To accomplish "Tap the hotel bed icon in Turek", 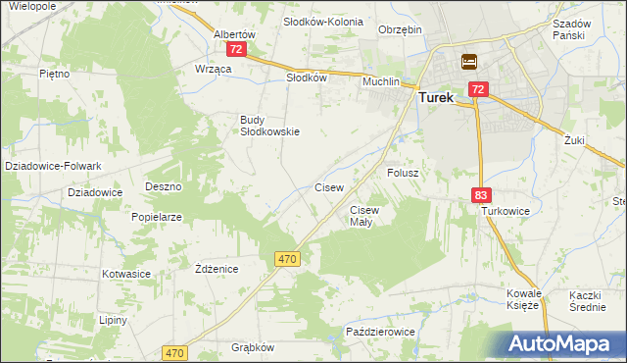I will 469,61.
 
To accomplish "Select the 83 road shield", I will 479,195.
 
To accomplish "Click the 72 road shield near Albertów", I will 235,48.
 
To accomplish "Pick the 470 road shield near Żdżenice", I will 286,258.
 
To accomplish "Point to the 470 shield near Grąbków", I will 175,352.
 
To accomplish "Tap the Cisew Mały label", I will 363,216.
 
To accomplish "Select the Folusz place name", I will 403,173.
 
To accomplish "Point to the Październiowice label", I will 381,333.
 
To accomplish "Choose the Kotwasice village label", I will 124,275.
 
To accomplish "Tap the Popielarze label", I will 157,217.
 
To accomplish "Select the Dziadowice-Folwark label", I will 47,166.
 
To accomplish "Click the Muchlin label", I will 381,81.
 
